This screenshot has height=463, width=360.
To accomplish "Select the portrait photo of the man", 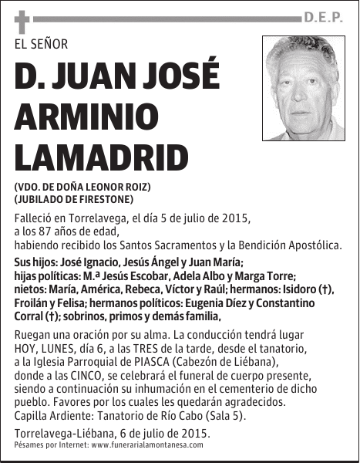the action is point(304,88).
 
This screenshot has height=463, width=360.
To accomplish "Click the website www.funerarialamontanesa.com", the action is point(147,445).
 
